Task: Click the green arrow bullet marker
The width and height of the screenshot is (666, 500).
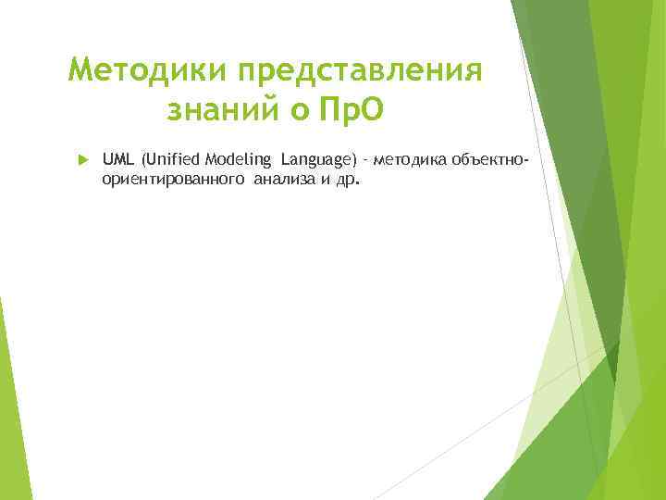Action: coord(81,160)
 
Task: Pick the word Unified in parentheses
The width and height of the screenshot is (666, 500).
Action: coord(167,160)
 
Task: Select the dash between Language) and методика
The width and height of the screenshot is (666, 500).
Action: coord(365,161)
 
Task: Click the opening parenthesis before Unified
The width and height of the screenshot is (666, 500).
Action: coord(142,160)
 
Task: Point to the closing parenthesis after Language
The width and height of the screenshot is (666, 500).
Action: coord(354,160)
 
